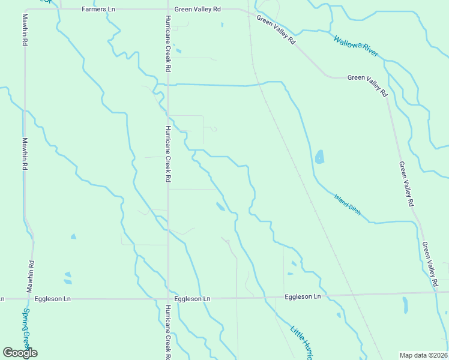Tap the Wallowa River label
[356, 46]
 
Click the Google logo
[20, 352]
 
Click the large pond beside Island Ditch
[319, 157]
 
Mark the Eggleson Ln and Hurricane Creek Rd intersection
[168, 298]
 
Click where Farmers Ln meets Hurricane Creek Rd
[167, 10]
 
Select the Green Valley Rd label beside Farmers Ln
[197, 10]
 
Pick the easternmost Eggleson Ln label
[303, 296]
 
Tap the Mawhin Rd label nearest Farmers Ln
[25, 30]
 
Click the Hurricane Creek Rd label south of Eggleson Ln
[168, 332]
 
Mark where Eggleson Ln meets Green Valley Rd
[435, 293]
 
